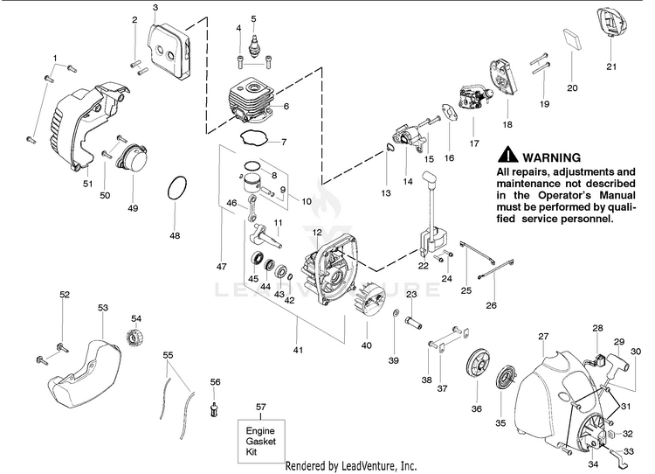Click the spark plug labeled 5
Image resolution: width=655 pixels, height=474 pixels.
(254, 44)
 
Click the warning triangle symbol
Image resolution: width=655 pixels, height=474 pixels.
(507, 156)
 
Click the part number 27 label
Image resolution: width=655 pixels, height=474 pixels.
(543, 336)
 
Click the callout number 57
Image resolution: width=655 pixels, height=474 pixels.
(260, 408)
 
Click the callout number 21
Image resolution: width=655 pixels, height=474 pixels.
(610, 66)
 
